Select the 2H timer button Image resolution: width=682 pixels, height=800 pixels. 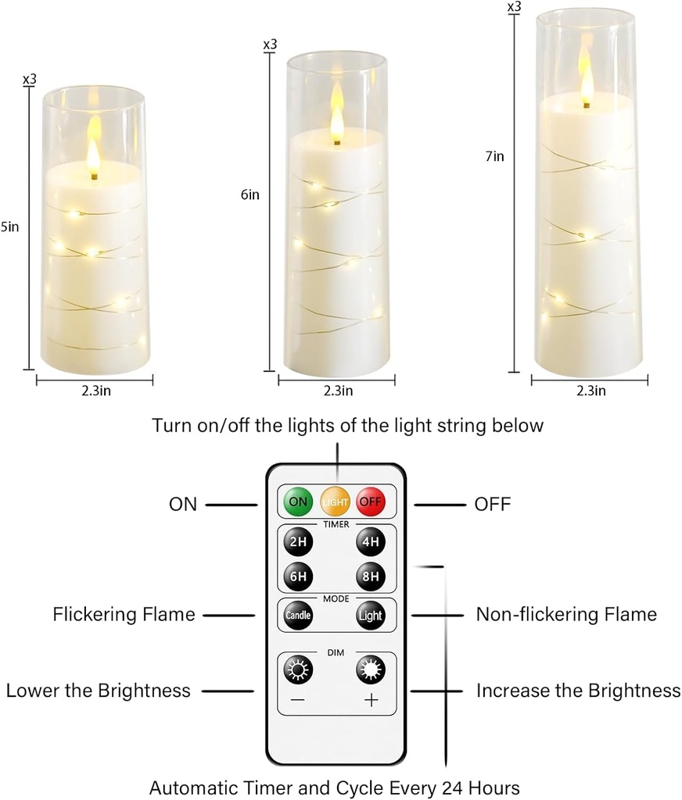[x=297, y=541]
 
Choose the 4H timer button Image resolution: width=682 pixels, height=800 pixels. [x=371, y=541]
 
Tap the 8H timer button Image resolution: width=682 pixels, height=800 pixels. [x=371, y=577]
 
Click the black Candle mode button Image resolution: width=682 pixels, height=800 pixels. [x=297, y=615]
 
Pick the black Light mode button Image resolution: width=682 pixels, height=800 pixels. [x=371, y=615]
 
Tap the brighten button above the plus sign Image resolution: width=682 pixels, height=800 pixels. [x=370, y=670]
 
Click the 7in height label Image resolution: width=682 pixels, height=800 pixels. [x=494, y=156]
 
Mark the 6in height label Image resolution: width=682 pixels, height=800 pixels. [x=249, y=195]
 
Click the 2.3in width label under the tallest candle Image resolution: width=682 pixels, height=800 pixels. [x=590, y=390]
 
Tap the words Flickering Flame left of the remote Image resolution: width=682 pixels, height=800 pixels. [x=124, y=615]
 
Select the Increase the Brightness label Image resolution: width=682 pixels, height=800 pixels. [x=578, y=691]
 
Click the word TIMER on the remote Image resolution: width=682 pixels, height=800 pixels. [x=336, y=524]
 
